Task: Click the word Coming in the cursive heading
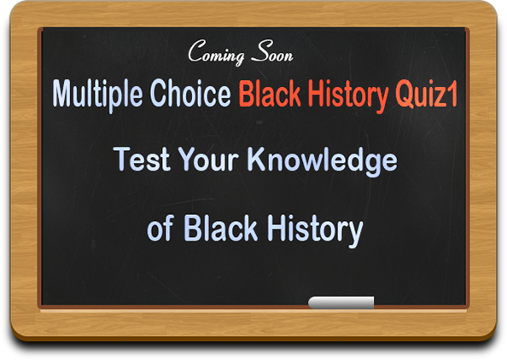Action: coord(216,52)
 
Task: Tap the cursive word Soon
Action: coord(272,51)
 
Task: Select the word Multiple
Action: coord(97,95)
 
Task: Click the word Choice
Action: coord(190,93)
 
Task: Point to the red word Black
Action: coord(270,93)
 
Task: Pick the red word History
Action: coord(348,95)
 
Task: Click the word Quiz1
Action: coord(427,95)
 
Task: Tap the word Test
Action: coord(142,159)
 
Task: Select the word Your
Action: coord(208,159)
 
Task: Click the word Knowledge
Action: coord(322,161)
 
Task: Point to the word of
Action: coord(160,228)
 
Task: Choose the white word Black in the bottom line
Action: coord(220,228)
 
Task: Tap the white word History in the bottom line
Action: coord(314,230)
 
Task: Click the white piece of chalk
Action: coord(341,303)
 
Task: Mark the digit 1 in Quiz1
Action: coord(452,93)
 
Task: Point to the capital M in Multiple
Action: coord(64,93)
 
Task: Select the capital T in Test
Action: coord(123,159)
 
